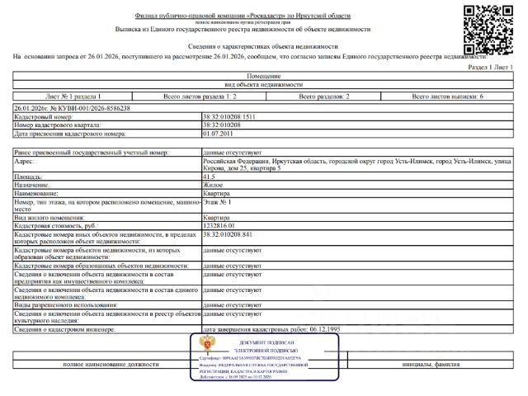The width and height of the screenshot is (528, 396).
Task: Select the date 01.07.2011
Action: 219,133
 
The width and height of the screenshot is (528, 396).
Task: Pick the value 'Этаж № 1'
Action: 217,200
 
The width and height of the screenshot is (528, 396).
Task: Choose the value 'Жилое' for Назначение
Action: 212,185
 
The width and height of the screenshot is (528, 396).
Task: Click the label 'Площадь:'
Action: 29,177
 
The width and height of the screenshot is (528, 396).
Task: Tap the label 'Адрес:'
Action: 26,162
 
